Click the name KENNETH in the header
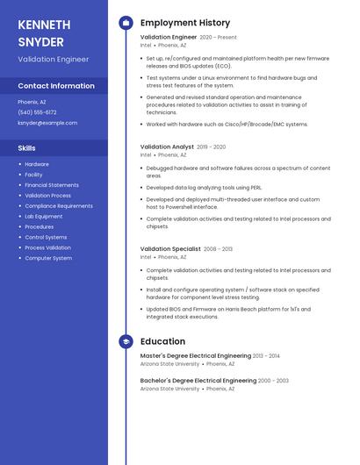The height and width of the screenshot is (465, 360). coord(44,25)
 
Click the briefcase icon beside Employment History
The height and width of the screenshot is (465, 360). coord(126,22)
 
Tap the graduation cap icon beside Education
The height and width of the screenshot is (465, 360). coord(126,341)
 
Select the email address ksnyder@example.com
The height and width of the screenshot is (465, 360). coord(47,123)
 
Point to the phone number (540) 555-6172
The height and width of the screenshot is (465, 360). coord(37,112)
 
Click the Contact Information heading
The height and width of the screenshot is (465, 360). coord(56,86)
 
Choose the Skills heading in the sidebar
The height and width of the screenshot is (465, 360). coord(26,148)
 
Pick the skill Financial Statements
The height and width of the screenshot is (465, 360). coord(51,185)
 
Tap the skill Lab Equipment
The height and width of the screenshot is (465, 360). coord(43,216)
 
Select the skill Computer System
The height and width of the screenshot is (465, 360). coord(48,258)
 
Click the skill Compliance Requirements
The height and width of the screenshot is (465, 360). coord(58,206)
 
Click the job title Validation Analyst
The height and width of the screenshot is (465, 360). coord(167,147)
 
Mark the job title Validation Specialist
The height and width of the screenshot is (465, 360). coord(170,248)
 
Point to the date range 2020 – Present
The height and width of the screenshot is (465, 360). coord(219,38)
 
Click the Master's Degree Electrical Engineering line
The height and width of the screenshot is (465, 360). coord(195,355)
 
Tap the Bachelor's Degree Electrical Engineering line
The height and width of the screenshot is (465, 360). coord(198,381)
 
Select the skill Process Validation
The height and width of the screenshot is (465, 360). coord(47,247)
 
